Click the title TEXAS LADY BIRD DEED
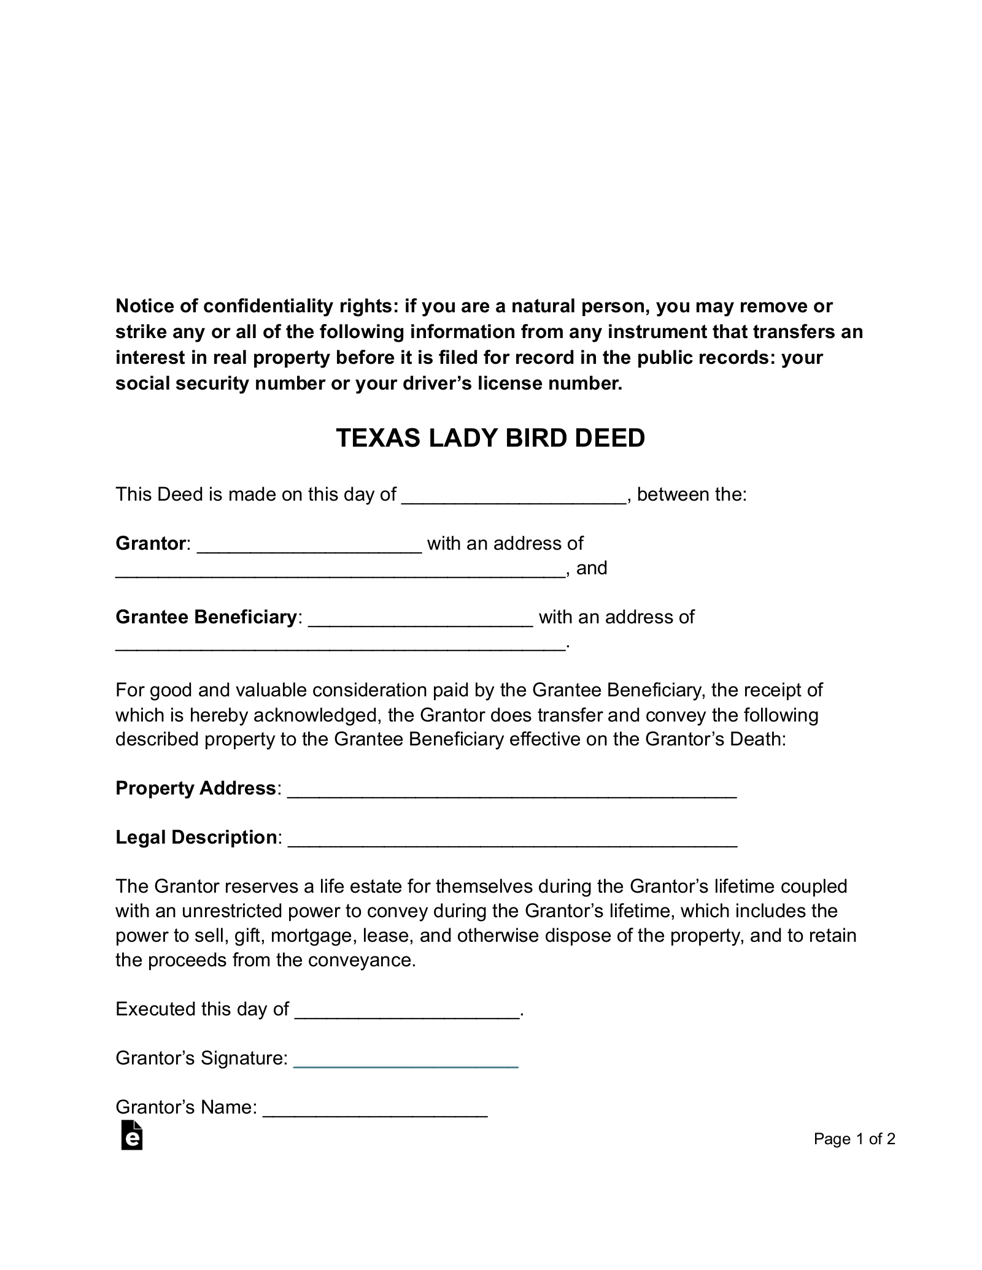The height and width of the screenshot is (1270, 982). (x=490, y=438)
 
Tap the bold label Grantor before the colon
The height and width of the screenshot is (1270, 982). (x=150, y=544)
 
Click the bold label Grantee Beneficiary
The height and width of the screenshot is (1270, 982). (x=206, y=617)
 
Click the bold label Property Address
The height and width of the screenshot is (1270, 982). (x=196, y=788)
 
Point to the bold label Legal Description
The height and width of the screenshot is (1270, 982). (x=196, y=837)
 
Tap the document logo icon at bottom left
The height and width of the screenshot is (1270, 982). (x=132, y=1136)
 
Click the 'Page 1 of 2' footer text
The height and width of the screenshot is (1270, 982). (x=854, y=1139)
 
